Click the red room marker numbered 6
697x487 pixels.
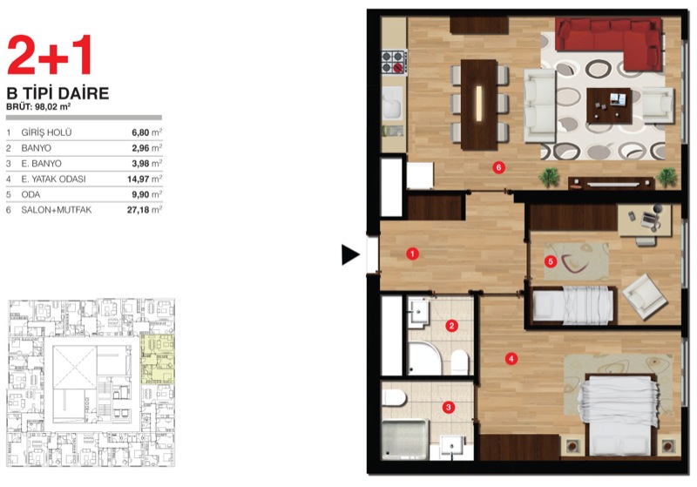coord(498,167)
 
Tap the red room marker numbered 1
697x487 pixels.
coord(412,254)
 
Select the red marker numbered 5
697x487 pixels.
coord(551,261)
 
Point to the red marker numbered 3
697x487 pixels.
coord(449,407)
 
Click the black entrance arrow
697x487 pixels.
coord(350,254)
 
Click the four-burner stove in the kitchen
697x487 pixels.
coord(394,62)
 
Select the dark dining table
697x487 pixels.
coord(478,105)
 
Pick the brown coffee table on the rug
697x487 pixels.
coord(609,105)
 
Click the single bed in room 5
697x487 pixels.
coord(573,305)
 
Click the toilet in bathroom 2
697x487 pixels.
coord(460,362)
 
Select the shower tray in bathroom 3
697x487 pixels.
coord(405,439)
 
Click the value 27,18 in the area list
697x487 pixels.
coord(139,210)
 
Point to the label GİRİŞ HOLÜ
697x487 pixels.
coord(46,132)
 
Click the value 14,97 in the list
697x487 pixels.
coord(139,179)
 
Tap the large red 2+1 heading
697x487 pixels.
coord(50,55)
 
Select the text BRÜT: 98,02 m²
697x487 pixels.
coord(38,106)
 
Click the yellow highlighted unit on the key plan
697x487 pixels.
coord(158,359)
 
